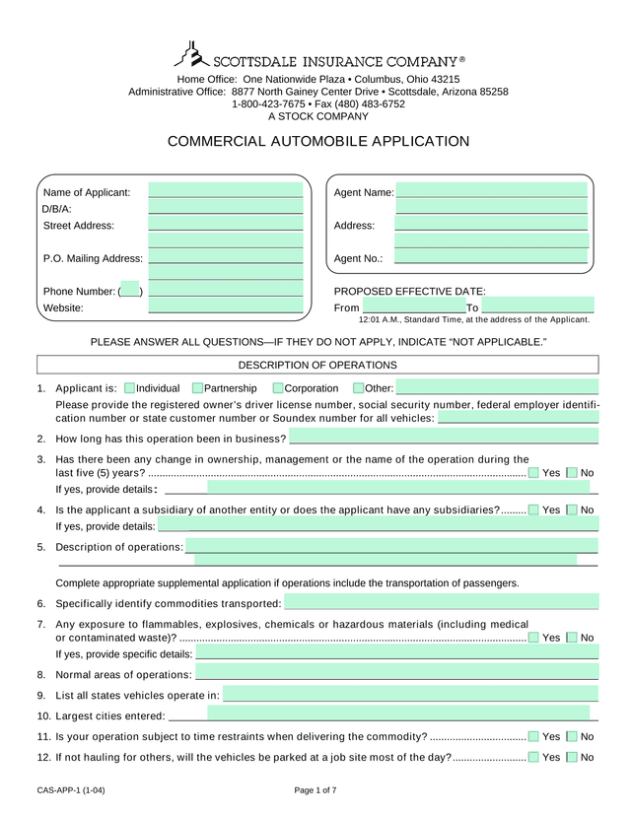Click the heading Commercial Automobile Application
[318, 141]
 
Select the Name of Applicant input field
[225, 191]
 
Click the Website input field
[225, 306]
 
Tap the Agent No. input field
[490, 258]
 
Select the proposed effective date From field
[413, 307]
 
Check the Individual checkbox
[130, 388]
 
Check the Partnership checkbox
[198, 388]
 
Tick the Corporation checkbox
[278, 388]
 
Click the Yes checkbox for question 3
[533, 473]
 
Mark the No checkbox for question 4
[573, 510]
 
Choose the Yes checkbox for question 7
[533, 638]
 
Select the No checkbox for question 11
[573, 736]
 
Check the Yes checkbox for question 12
[533, 757]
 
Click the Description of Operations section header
[317, 365]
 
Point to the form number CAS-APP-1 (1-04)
[72, 790]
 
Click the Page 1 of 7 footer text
[315, 790]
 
